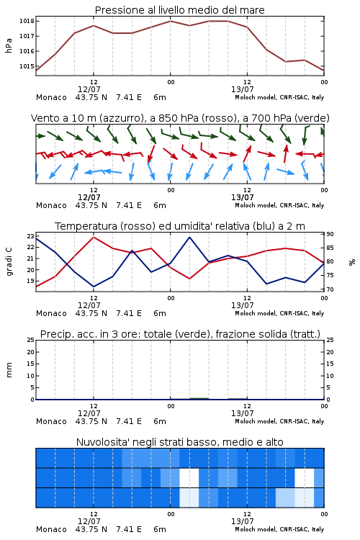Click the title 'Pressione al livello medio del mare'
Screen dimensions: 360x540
point(179,10)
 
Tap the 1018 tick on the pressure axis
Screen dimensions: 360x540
point(27,21)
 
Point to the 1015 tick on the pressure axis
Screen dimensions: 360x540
point(27,66)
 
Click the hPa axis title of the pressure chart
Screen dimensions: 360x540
point(9,45)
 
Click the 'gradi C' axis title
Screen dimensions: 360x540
point(9,262)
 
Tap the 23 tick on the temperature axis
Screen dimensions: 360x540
point(31,236)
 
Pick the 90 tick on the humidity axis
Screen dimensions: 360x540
point(330,234)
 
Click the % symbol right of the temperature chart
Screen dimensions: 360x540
point(352,262)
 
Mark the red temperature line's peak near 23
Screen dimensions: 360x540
point(94,237)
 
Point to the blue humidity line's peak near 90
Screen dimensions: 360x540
point(189,237)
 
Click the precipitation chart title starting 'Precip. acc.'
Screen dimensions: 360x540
point(180,334)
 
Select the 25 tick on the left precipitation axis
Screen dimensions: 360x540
point(31,340)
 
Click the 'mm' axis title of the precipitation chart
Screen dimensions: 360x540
point(9,370)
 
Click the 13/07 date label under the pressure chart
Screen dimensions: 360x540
point(243,89)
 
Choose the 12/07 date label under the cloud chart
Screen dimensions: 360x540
point(89,521)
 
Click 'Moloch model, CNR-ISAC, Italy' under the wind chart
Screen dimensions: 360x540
point(279,205)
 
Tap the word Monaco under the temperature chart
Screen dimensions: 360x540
point(51,313)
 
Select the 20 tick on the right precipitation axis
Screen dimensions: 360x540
point(330,352)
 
